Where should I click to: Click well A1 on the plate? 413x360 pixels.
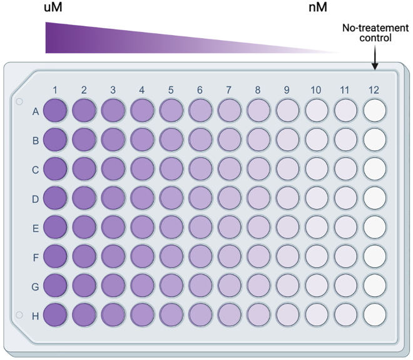55,111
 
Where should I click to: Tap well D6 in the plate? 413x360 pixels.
200,197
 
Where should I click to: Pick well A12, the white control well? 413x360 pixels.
374,111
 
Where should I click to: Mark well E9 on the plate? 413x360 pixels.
287,226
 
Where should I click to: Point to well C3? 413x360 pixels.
113,168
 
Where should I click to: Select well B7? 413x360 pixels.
229,140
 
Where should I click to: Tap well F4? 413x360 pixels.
142,255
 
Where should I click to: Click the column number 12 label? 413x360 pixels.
374,90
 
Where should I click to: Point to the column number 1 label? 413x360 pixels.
55,90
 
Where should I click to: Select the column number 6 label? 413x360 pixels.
200,90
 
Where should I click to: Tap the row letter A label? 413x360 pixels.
36,111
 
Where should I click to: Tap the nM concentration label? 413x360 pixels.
317,8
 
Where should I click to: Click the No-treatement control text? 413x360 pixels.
375,33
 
